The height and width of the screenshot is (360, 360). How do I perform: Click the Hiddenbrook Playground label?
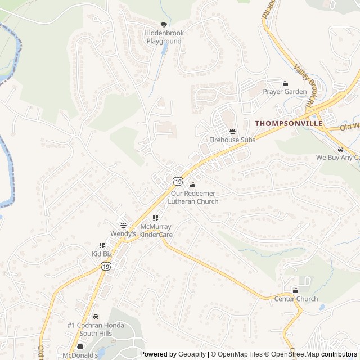164,37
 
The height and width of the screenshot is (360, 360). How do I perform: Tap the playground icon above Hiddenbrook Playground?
164,24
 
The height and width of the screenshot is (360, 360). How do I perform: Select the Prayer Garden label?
285,92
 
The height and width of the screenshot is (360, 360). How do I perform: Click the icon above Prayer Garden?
285,83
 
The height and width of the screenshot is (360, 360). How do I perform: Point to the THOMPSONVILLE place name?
289,123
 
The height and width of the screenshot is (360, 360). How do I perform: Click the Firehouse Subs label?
232,139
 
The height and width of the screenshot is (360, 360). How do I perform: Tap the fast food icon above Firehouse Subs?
232,131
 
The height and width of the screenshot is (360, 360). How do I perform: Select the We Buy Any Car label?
337,157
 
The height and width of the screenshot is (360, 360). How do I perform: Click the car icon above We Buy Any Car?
340,149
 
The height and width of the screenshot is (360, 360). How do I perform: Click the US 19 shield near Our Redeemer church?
178,181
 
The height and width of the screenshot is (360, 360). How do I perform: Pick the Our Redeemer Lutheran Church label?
195,197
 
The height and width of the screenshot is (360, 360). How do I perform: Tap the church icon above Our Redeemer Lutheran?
193,184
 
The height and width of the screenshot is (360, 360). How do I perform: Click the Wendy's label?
123,233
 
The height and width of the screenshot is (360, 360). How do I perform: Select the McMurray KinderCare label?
155,230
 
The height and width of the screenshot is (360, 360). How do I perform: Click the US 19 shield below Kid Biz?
106,267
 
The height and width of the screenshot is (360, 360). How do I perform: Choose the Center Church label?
296,299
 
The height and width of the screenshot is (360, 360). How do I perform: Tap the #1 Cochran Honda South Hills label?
94,329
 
